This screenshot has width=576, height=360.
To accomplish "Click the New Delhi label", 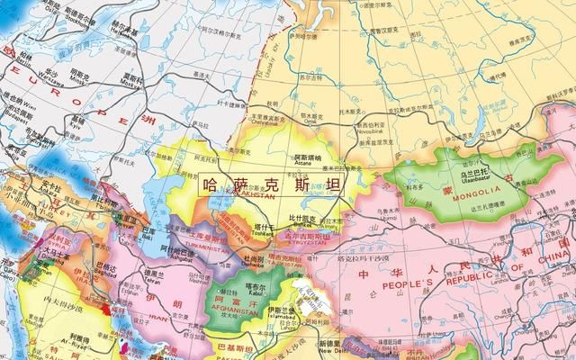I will click(x=329, y=348).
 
